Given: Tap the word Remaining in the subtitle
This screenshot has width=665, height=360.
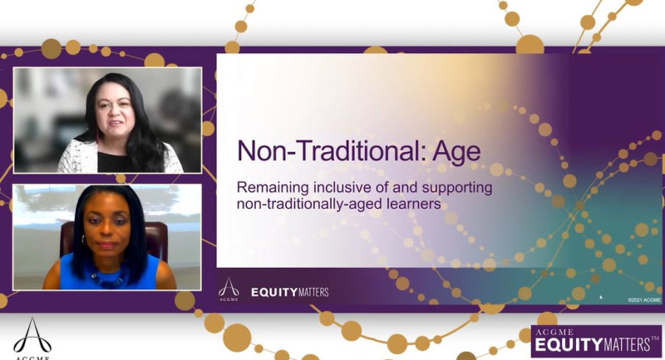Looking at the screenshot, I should (x=274, y=188).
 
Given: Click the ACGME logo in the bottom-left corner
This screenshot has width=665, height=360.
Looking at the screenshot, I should (x=32, y=336).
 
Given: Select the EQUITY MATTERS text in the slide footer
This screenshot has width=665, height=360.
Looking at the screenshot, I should (x=290, y=292).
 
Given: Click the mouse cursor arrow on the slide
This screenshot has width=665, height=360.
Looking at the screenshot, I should (x=601, y=296).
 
